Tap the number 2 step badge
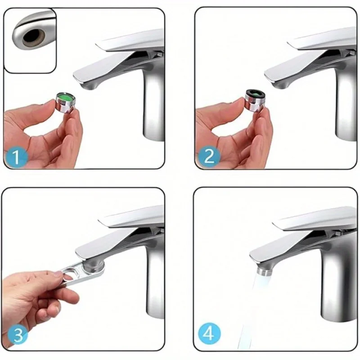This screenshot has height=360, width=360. click(x=208, y=156)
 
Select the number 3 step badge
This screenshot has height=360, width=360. click(x=17, y=335)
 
